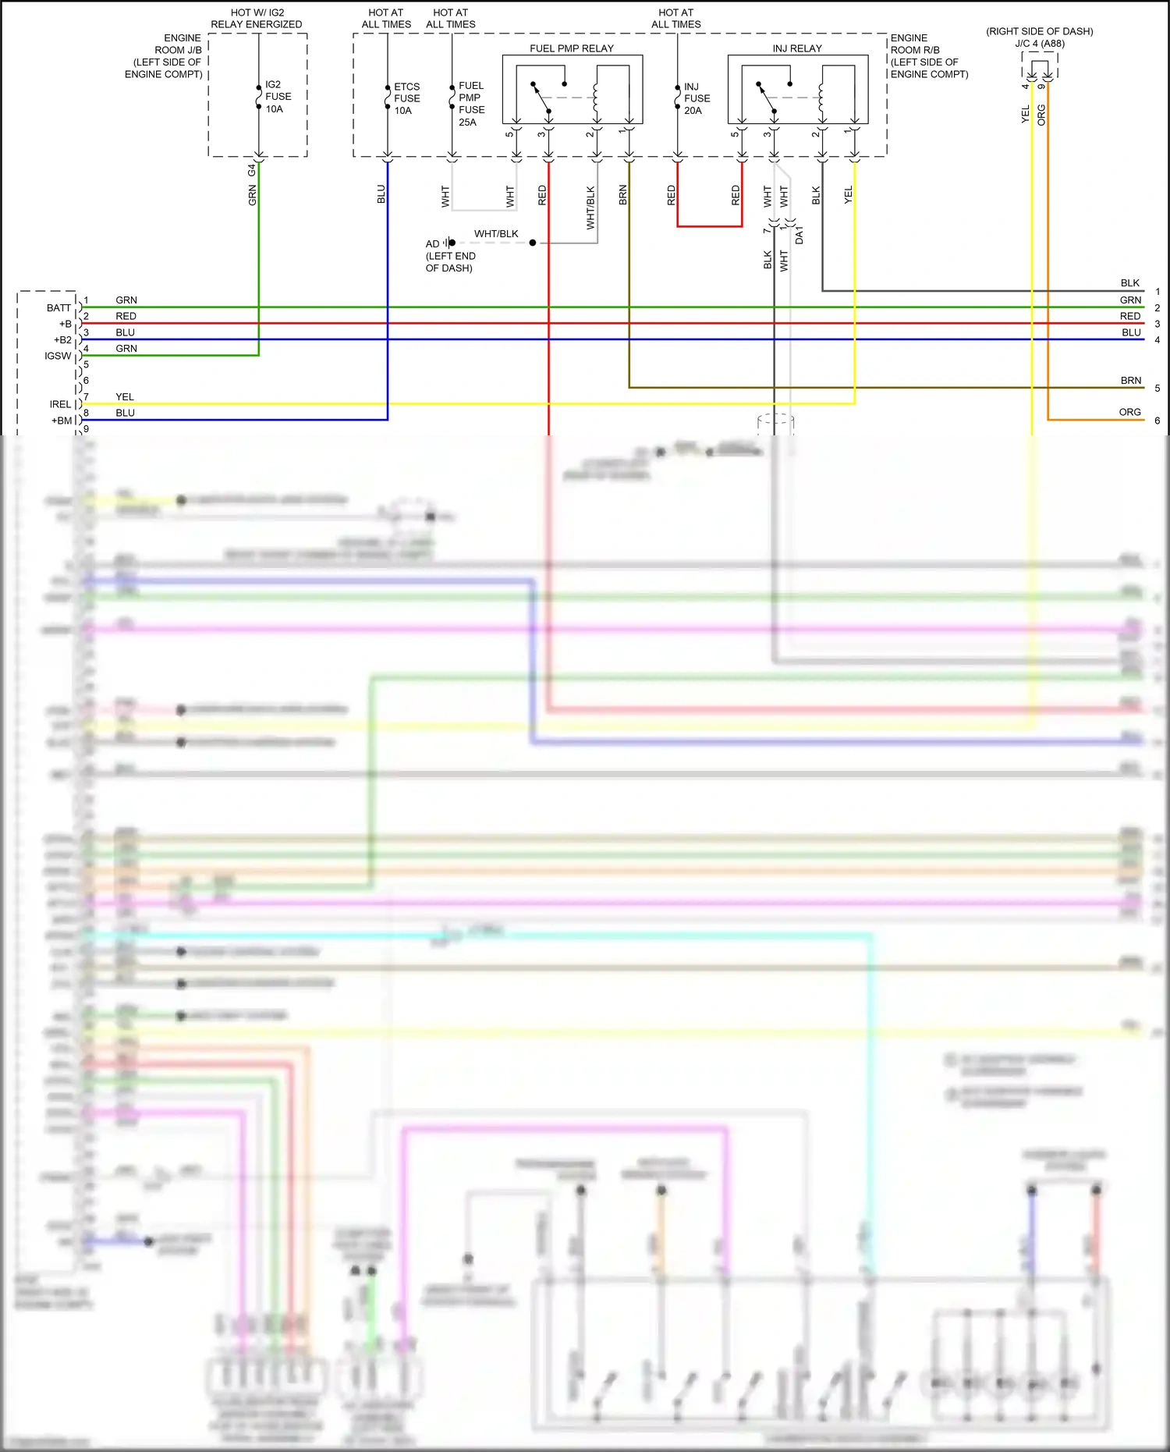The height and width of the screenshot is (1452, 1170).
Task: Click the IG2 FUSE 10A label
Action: point(277,97)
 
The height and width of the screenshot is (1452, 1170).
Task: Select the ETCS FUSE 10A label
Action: point(406,98)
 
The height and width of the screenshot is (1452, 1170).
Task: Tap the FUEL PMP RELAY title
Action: point(571,48)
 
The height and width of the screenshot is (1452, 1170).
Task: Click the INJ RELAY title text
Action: point(796,48)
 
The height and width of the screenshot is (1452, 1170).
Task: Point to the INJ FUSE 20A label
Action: point(696,98)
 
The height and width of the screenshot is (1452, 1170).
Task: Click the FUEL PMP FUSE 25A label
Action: point(471,104)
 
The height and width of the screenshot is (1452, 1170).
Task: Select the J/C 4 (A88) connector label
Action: point(1039,44)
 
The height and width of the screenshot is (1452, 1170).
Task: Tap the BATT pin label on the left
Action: point(58,308)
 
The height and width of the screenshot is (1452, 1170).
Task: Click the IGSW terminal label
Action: point(58,357)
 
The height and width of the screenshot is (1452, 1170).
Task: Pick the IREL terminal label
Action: point(60,405)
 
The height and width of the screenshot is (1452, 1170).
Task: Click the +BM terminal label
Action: point(62,421)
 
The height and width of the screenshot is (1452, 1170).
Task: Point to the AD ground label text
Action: point(432,244)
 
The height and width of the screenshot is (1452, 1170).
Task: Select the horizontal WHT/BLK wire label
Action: point(496,234)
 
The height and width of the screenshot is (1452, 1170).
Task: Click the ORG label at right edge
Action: point(1129,412)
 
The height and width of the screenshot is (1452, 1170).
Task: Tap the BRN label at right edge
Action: point(1130,381)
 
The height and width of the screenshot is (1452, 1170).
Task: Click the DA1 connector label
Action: point(799,235)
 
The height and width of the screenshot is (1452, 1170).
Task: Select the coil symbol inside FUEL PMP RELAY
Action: point(597,98)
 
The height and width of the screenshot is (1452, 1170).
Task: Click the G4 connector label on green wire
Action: point(252,169)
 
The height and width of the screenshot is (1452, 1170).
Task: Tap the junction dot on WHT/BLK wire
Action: point(533,243)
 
